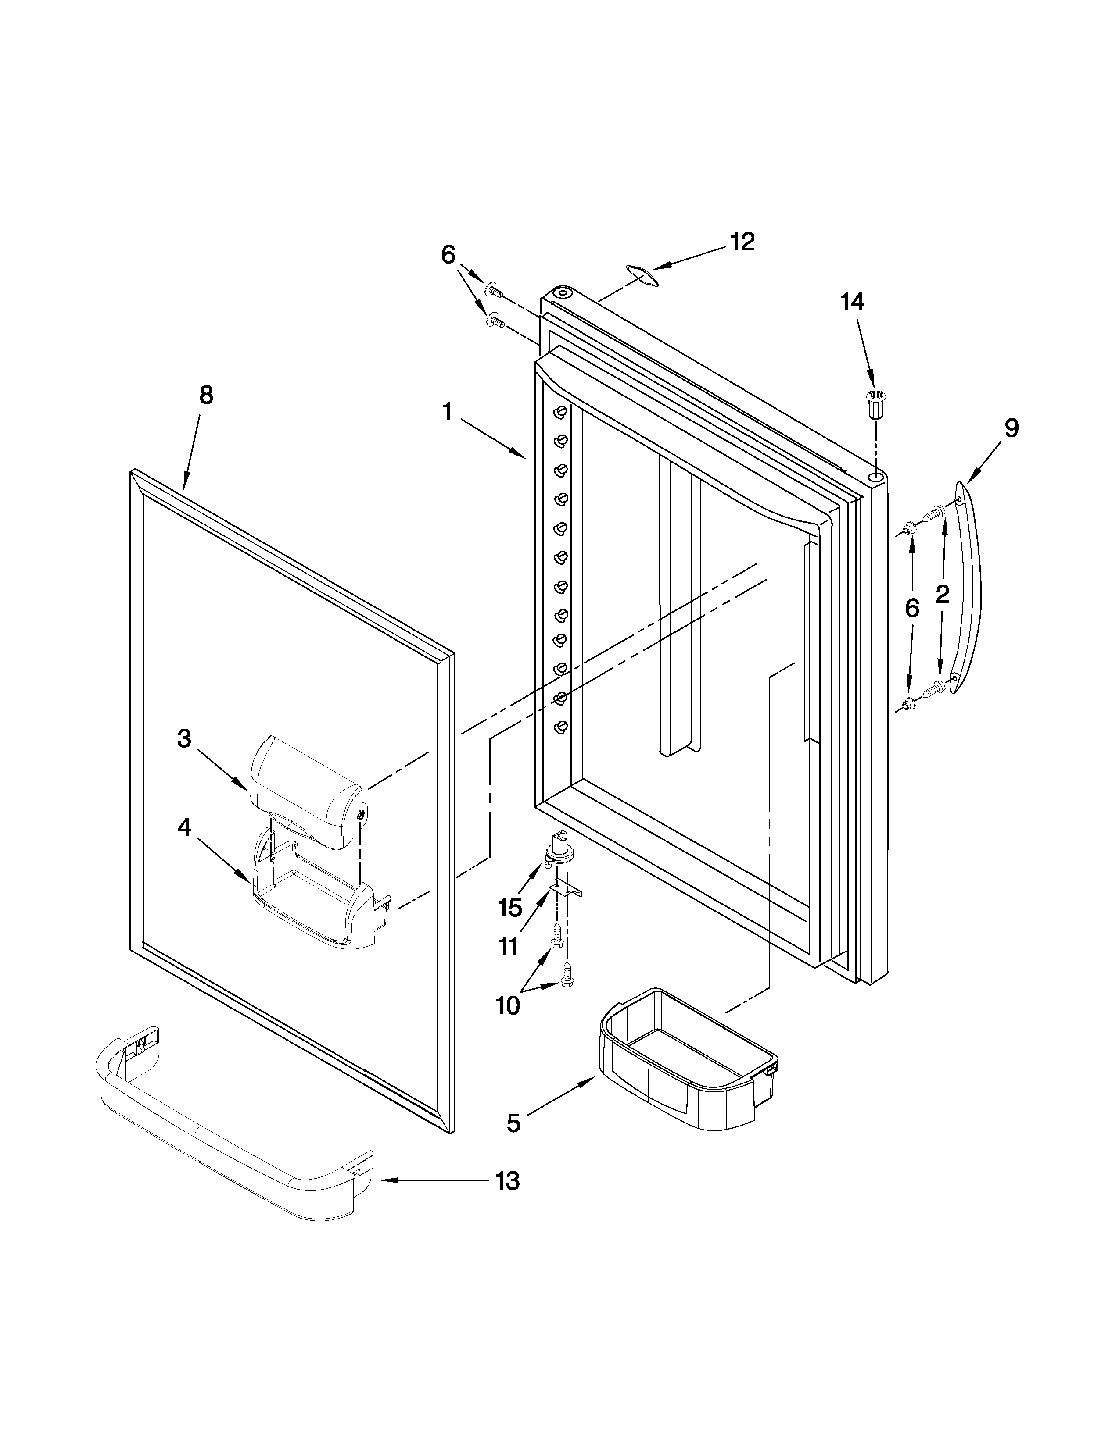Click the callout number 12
[742, 242]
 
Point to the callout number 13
[507, 1181]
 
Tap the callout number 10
[507, 1006]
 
